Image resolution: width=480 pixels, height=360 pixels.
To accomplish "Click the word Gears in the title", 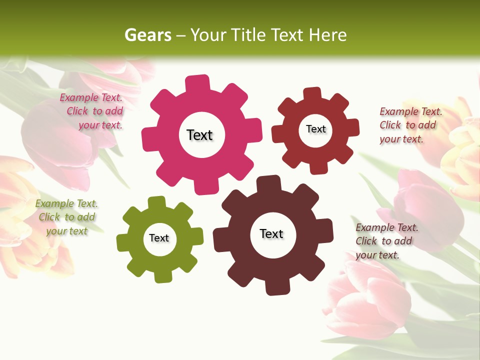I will pos(148,35).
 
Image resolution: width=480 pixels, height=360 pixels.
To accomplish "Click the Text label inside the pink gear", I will pos(199,135).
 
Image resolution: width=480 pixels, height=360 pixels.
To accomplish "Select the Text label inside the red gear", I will pos(315,129).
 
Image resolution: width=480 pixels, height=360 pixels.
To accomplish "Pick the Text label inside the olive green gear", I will pos(159,238).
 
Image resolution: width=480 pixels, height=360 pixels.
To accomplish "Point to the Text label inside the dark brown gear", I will pos(271,233).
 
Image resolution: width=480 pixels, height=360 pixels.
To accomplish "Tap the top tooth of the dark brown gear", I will pos(269,183).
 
